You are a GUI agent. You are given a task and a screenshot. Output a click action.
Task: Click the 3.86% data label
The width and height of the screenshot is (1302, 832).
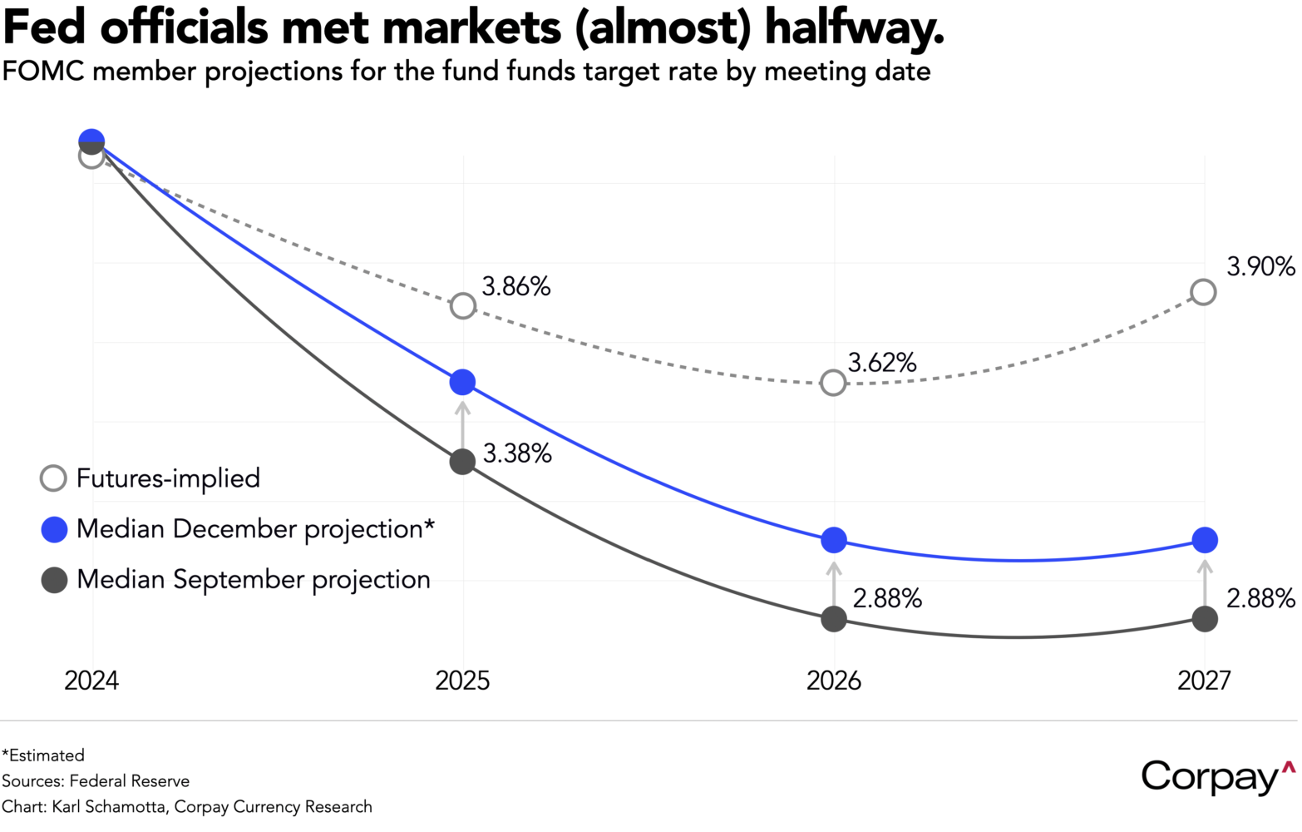(515, 287)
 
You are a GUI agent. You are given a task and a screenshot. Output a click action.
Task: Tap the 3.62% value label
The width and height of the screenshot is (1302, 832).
(881, 363)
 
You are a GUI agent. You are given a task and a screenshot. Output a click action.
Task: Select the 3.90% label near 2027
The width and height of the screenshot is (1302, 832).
(1260, 267)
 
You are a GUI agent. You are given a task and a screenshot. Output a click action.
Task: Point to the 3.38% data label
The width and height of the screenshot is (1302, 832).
(517, 453)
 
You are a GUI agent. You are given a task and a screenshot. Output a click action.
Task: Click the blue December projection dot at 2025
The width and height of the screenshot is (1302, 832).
(462, 383)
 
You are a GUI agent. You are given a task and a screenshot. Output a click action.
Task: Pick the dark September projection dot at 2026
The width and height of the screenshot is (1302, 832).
(834, 619)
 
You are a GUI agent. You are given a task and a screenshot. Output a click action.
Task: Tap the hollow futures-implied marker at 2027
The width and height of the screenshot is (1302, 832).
(1203, 292)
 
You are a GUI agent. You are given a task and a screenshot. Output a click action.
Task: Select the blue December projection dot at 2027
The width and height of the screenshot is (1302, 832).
(1204, 540)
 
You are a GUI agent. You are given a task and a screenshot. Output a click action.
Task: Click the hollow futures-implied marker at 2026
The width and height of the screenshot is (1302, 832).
(833, 383)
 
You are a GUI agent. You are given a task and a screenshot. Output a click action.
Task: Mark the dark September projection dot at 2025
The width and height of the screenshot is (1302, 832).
(462, 462)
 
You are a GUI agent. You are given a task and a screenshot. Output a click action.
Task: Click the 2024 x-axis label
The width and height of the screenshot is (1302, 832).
(91, 681)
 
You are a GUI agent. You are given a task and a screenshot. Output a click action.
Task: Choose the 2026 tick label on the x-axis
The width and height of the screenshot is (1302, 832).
(834, 681)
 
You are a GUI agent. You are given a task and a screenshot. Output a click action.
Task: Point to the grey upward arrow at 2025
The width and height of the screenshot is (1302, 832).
(462, 423)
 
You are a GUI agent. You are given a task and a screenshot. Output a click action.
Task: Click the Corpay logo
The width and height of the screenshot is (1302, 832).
(1216, 776)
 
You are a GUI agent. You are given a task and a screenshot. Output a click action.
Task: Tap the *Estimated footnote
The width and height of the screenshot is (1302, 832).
(43, 755)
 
